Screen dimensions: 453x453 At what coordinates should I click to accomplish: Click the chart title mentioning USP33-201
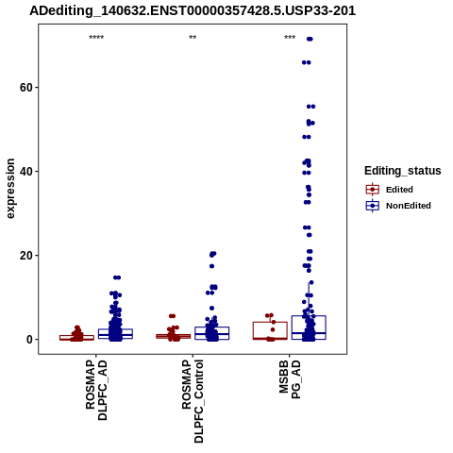tap(193, 11)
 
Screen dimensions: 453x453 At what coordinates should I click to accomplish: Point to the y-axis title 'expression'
tap(10, 189)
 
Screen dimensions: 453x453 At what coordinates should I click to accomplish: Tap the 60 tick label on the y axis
tap(26, 88)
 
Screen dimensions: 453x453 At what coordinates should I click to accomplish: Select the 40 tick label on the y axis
tap(26, 172)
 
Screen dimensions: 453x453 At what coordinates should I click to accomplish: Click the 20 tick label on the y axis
tap(26, 256)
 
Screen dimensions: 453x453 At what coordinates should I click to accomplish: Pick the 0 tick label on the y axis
tap(29, 340)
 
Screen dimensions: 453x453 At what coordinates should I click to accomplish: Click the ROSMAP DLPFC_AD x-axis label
tap(96, 391)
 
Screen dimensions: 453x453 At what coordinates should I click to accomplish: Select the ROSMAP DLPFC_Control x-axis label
tap(193, 401)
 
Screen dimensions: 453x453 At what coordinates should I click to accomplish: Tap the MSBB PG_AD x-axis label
tap(290, 379)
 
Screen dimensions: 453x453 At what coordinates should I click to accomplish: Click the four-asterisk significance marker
tap(96, 38)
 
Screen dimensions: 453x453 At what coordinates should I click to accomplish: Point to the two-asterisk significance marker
tap(193, 38)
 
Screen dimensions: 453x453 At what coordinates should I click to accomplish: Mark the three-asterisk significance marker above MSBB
tap(290, 38)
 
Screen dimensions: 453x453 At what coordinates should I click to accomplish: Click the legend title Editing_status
tap(403, 171)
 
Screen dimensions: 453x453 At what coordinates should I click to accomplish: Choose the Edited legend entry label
tap(399, 190)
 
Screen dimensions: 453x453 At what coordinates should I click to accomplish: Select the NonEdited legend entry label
tap(409, 206)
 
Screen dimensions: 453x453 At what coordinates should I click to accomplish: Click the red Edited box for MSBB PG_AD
tap(270, 322)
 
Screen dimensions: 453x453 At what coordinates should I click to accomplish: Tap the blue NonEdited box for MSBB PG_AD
tap(326, 327)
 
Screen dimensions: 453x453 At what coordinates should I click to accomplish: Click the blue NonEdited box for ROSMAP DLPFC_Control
tap(228, 333)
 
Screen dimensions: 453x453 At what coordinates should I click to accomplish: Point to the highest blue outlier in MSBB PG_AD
tap(310, 39)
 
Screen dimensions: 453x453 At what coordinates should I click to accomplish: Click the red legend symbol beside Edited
tap(373, 190)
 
